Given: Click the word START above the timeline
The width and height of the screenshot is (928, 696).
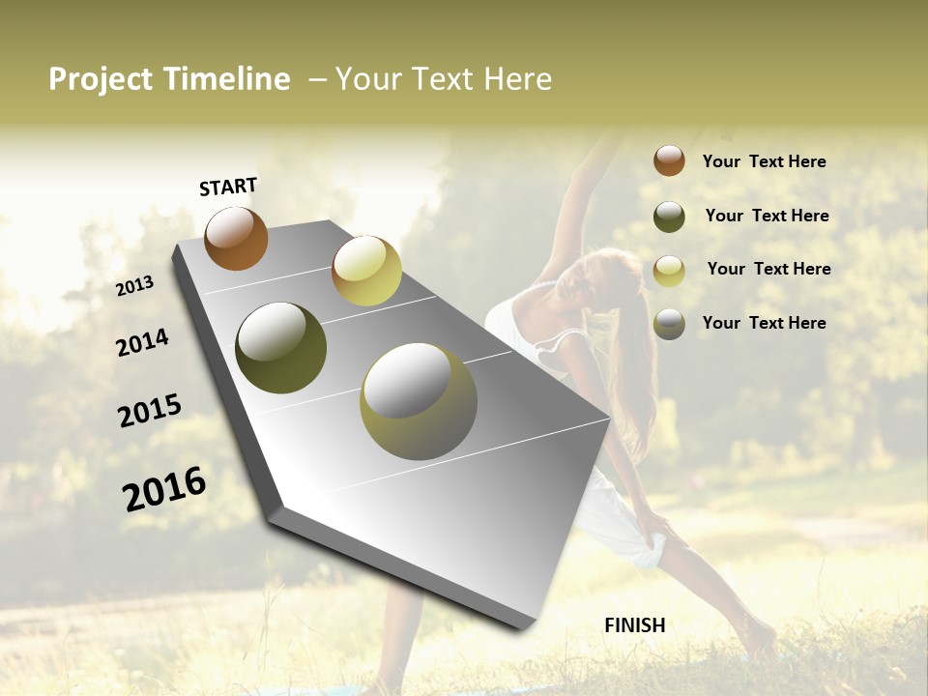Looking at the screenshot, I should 228,187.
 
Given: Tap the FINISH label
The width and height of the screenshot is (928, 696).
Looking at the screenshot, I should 635,625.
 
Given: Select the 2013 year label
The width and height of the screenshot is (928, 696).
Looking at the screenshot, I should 134,286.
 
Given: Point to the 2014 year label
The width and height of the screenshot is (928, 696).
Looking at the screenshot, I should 142,343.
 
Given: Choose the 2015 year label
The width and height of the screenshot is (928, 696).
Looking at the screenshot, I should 150,411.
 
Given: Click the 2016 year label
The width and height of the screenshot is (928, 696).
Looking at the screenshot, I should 164,488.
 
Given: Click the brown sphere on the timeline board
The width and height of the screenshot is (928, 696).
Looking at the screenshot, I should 236,238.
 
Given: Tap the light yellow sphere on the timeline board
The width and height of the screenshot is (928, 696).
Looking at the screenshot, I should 366,271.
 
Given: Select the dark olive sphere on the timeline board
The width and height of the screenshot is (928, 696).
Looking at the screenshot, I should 280,348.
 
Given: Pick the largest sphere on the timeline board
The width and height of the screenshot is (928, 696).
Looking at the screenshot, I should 419,401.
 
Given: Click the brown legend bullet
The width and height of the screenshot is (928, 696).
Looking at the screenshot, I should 669,161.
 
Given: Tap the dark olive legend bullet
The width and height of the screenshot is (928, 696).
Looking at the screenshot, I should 669,217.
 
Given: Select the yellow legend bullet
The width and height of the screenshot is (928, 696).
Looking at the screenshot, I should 669,271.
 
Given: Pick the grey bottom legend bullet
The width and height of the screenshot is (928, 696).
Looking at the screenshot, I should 669,324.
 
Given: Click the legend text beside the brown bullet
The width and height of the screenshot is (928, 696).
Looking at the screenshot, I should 764,161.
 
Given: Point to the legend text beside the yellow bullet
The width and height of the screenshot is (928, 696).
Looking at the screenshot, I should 768,269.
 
